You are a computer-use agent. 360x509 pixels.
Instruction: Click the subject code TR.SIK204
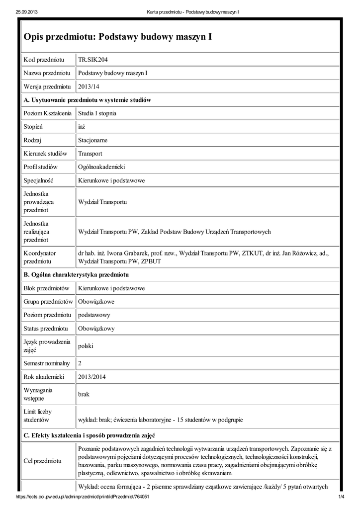pyautogui.click(x=93, y=60)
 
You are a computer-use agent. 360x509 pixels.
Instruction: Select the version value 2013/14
pyautogui.click(x=89, y=86)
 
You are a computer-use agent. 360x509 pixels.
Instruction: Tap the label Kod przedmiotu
pyautogui.click(x=44, y=60)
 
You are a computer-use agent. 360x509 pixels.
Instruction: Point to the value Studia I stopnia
pyautogui.click(x=97, y=113)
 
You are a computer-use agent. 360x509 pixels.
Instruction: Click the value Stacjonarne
pyautogui.click(x=92, y=140)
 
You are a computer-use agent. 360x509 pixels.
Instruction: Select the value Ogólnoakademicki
pyautogui.click(x=101, y=167)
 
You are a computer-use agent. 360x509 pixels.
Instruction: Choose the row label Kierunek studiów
pyautogui.click(x=45, y=154)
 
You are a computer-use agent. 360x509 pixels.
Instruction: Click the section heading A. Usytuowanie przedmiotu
pyautogui.click(x=88, y=100)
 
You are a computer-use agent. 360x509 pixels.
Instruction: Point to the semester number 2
pyautogui.click(x=80, y=363)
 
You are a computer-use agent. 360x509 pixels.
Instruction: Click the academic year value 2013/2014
pyautogui.click(x=92, y=377)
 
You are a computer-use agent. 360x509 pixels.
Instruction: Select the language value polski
pyautogui.click(x=86, y=345)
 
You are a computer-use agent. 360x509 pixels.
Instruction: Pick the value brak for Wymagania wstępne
pyautogui.click(x=84, y=394)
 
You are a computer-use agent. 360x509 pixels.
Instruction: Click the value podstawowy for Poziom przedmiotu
pyautogui.click(x=94, y=315)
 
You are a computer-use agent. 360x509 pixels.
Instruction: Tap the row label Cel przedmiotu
pyautogui.click(x=43, y=461)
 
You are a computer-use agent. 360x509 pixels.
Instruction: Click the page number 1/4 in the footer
pyautogui.click(x=342, y=497)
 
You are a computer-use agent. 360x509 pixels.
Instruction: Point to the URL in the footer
pyautogui.click(x=83, y=497)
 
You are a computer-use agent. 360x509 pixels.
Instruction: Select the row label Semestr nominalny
pyautogui.click(x=47, y=363)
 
